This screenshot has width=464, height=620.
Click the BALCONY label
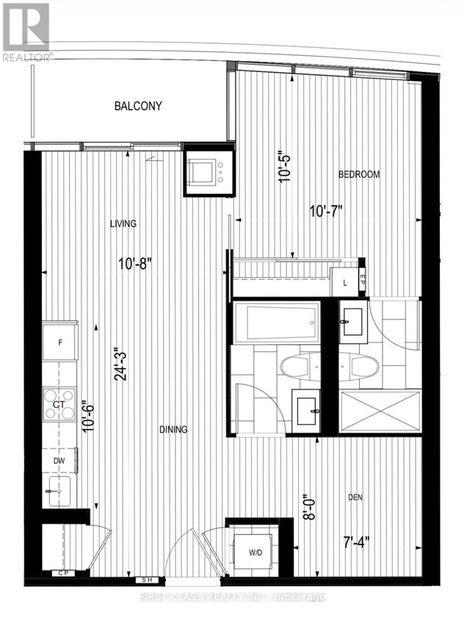tap(138, 107)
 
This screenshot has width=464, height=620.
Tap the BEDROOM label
tap(359, 174)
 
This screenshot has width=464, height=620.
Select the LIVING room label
tap(124, 223)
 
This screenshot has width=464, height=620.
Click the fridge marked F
tap(60, 343)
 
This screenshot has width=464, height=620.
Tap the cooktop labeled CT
tap(59, 405)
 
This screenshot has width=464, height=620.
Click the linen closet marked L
tap(344, 280)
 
